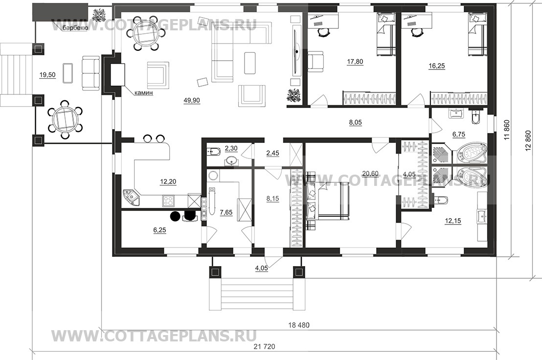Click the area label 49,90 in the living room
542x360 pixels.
(x=192, y=101)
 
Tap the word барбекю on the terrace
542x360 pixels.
(x=74, y=28)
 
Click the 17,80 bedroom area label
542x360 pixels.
(x=355, y=62)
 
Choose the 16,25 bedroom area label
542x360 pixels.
(x=437, y=66)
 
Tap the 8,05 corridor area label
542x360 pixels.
(x=355, y=122)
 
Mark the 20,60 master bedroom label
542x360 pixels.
(x=370, y=174)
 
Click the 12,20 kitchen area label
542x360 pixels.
(x=168, y=182)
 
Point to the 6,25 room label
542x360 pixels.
(x=159, y=230)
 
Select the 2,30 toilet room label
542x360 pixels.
(x=231, y=149)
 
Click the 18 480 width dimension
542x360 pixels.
(x=299, y=325)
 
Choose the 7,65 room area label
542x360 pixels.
(x=226, y=212)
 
